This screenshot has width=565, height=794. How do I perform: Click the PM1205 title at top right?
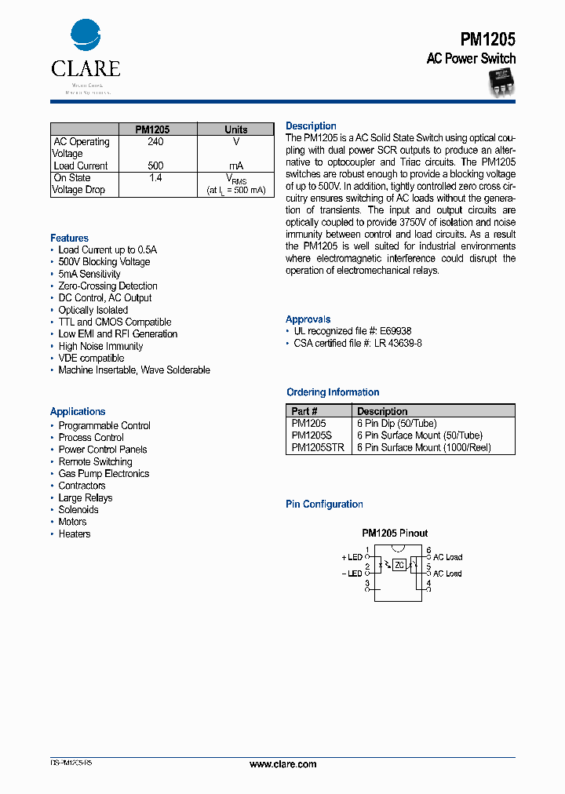coord(487,38)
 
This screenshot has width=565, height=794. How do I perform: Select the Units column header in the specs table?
coord(235,129)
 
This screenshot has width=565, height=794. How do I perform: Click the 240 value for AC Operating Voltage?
coord(155,142)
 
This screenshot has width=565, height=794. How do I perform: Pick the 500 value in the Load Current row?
coord(155,166)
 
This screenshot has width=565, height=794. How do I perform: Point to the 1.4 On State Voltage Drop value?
coord(155,178)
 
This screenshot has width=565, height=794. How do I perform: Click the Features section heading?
coord(69,238)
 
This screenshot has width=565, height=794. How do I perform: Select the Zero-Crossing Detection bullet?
coord(108,286)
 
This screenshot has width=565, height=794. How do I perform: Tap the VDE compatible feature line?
coord(91,358)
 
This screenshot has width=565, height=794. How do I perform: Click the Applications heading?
coord(78,411)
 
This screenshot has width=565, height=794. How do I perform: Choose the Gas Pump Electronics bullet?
coord(104,474)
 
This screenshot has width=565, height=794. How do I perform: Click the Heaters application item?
coord(75,534)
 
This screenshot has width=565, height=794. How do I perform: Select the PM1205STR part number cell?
coord(317,447)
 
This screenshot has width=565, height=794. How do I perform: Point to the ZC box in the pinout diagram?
coord(399,565)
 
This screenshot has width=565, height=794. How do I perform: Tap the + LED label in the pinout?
coord(352,557)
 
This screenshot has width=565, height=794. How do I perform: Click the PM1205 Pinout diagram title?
coord(395,533)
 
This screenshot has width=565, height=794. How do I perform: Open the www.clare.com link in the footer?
coord(282,764)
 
